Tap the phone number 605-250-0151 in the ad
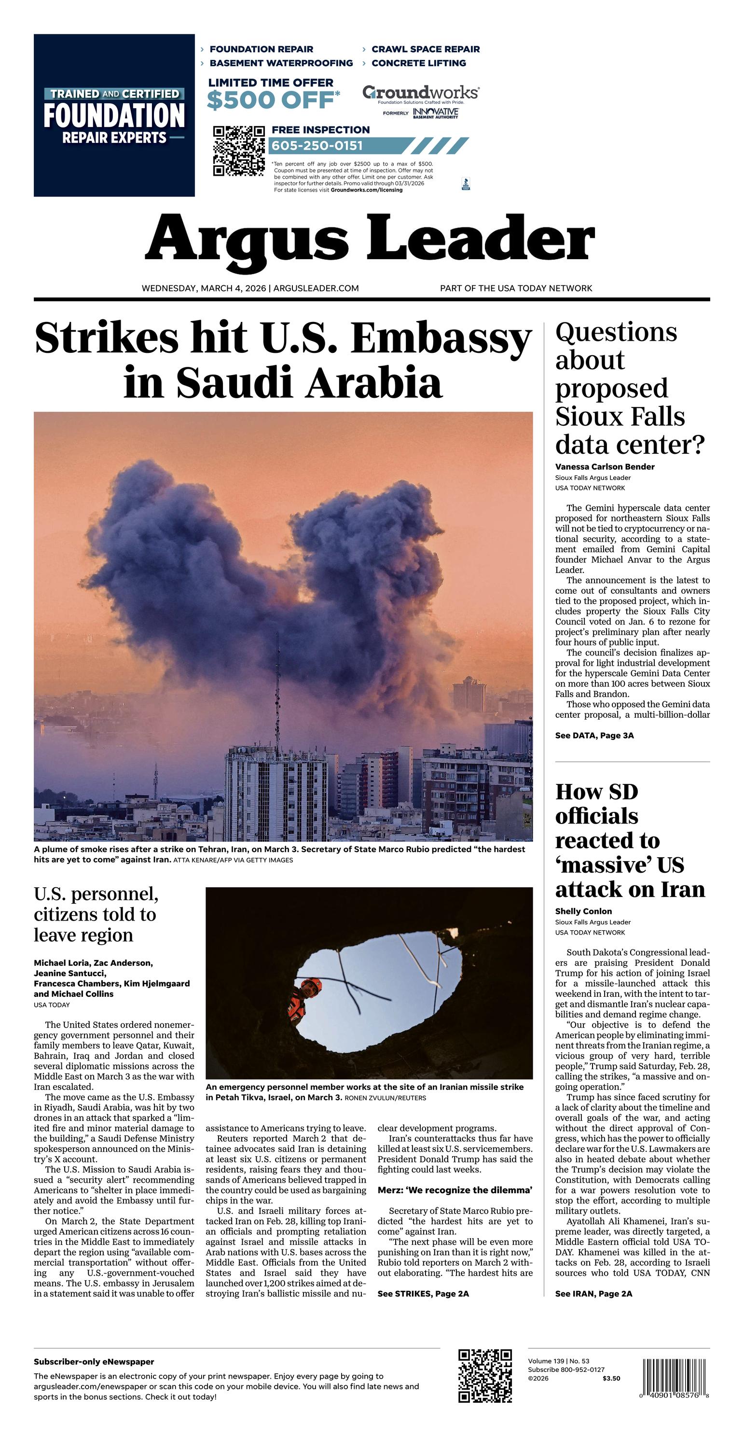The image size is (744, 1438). point(317,146)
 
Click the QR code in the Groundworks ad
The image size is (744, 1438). point(238,151)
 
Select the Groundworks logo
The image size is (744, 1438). point(420,93)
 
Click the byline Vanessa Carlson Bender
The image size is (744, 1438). point(605,467)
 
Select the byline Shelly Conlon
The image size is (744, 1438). point(583,911)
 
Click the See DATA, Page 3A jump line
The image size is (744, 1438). point(594,736)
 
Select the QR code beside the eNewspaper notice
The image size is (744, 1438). point(484,1376)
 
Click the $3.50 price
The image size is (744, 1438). point(611,1378)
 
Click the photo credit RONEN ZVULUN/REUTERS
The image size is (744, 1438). point(385,1098)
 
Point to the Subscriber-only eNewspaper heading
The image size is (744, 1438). point(94,1362)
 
